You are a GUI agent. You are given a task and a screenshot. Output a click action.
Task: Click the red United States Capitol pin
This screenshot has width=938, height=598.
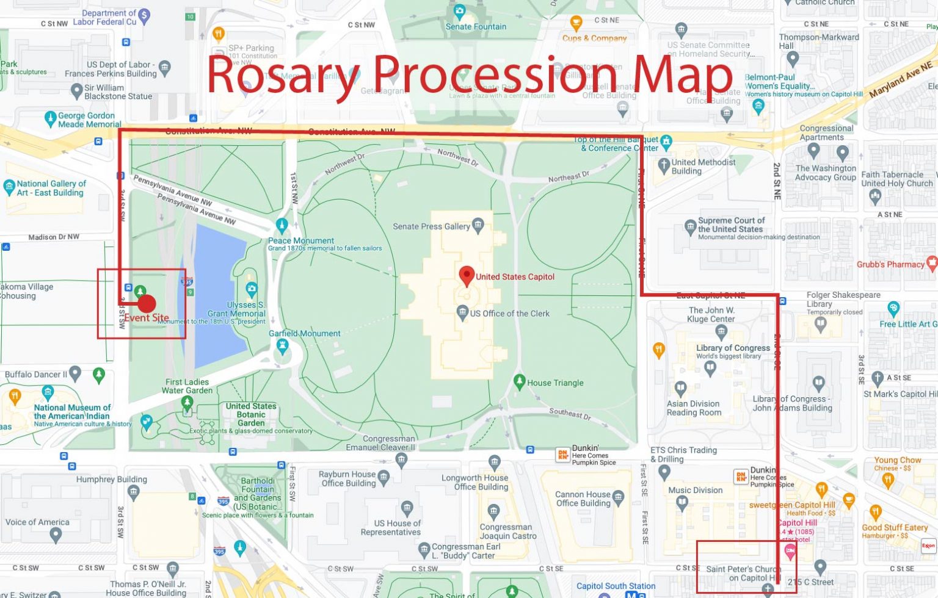(x=467, y=275)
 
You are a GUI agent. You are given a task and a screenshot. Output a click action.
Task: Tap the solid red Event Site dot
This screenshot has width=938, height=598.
(x=147, y=303)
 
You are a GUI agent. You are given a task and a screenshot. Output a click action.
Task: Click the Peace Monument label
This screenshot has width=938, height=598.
(x=301, y=240)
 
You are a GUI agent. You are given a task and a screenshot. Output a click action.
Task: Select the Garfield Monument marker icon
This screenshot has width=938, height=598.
(x=282, y=346)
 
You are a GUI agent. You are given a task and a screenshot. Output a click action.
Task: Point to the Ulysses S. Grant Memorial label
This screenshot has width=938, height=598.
(x=236, y=309)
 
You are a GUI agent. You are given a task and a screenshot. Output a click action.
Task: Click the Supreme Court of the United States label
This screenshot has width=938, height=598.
(x=731, y=225)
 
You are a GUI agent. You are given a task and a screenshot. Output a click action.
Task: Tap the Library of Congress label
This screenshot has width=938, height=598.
(x=733, y=348)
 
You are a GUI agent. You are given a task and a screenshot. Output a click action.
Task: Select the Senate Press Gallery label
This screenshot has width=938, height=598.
(x=431, y=226)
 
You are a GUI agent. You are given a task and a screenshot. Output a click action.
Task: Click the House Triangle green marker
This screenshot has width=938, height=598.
(x=519, y=381)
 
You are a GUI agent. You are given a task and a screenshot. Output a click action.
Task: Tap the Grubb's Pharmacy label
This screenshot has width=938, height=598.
(x=890, y=264)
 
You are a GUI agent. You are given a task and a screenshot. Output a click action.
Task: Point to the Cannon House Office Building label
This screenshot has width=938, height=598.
(x=583, y=499)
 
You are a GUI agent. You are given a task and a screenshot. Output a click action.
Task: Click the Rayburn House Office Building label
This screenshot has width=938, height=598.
(x=347, y=478)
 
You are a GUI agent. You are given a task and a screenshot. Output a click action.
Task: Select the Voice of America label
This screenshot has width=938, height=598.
(x=37, y=522)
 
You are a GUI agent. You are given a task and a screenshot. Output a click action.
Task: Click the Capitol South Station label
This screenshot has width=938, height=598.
(x=616, y=586)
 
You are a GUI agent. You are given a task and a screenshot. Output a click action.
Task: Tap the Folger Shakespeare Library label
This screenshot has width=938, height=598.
(x=843, y=299)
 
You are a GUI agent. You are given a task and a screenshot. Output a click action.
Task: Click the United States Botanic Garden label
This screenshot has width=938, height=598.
(x=251, y=414)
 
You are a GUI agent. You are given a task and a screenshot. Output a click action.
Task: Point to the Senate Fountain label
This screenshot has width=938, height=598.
(x=476, y=27)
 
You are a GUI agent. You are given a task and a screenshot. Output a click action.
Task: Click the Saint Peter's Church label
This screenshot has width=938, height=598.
(x=743, y=573)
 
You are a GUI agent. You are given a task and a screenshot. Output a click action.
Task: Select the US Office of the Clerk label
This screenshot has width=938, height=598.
(x=509, y=314)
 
